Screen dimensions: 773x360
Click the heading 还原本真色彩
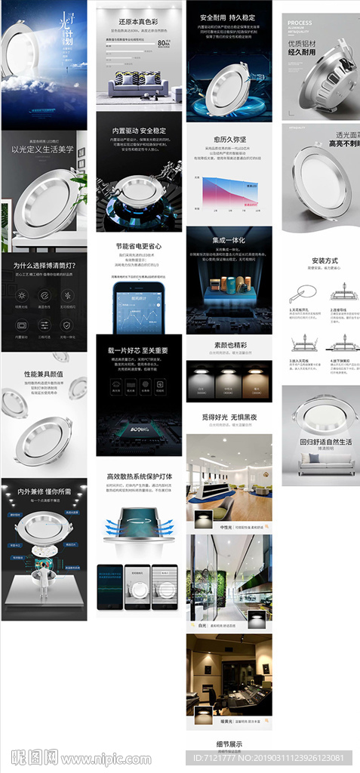pos(139,21)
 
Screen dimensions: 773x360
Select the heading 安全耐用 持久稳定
pos(229,17)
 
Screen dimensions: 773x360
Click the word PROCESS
pos(299,23)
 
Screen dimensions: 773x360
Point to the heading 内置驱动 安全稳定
pos(139,130)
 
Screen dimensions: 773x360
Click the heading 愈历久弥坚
pos(229,139)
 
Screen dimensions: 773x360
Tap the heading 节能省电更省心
pos(139,246)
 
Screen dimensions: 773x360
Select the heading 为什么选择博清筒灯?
pos(43,265)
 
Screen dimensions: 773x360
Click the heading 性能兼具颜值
pos(43,374)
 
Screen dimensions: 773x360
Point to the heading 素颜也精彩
pos(229,344)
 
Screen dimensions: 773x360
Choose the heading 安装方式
pos(324,261)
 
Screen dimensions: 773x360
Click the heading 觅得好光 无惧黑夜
pos(229,416)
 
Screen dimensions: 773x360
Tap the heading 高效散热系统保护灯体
pos(139,476)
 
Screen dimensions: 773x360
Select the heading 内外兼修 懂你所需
pos(43,491)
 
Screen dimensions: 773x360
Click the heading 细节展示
pos(229,744)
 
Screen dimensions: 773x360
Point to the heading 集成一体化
pos(229,240)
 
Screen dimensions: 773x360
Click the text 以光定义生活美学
pos(43,149)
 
